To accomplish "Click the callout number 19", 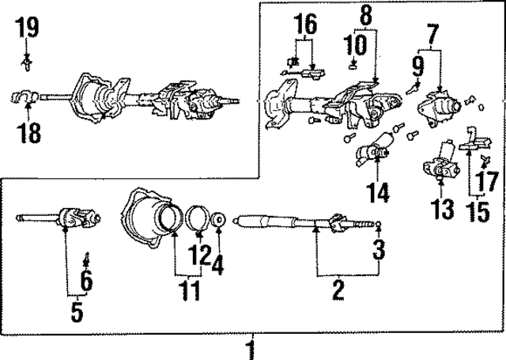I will tap(27, 29).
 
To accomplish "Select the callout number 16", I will tap(304, 25).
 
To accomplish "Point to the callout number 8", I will tap(365, 14).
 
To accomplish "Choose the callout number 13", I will tap(444, 209).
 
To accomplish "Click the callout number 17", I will tap(490, 179).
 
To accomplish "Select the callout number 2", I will tap(338, 290).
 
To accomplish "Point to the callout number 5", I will tap(76, 311).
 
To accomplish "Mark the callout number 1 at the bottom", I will tap(251, 348).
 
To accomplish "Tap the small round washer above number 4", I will tap(219, 221).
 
